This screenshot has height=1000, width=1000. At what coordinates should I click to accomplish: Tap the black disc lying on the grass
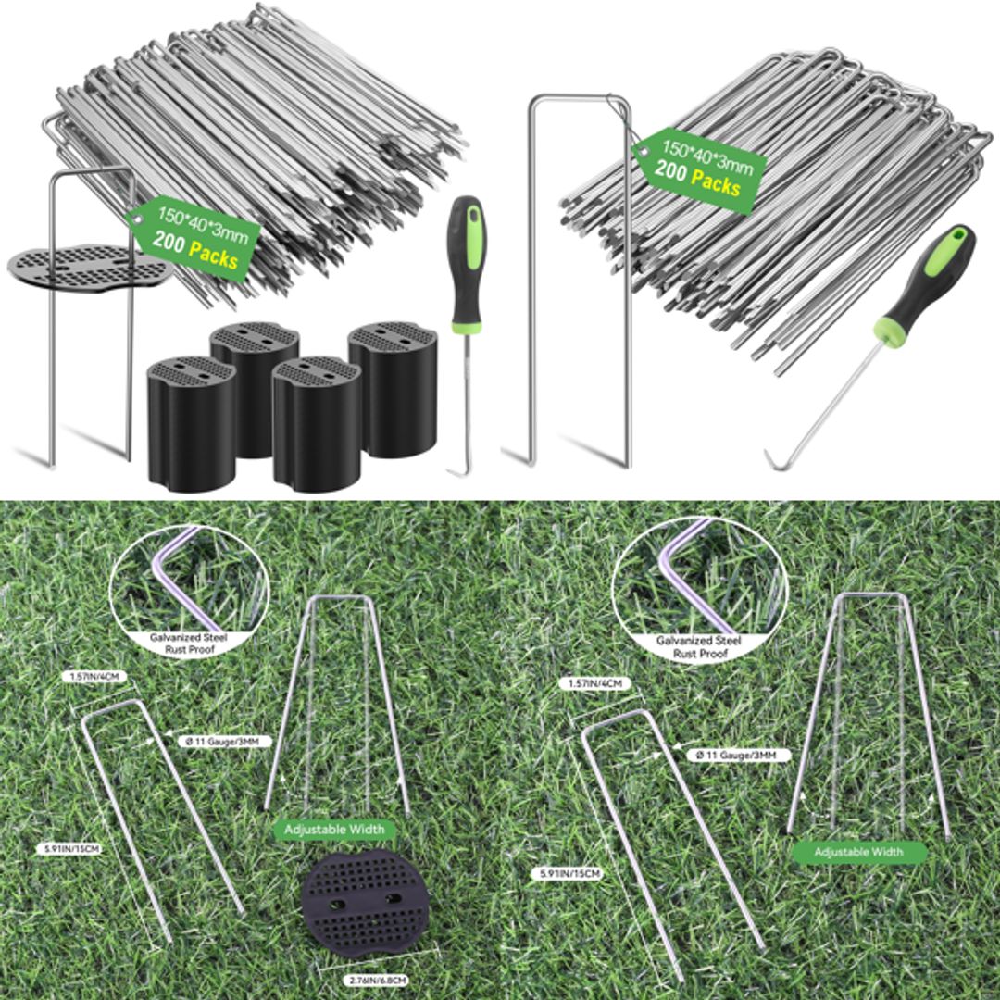365,903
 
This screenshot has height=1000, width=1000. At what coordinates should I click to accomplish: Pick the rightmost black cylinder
392,389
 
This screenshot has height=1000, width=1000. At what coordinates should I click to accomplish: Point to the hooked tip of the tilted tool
772,459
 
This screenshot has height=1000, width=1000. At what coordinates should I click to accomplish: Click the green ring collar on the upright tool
466,325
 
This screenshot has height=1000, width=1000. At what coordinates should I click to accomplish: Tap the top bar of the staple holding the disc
92,171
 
